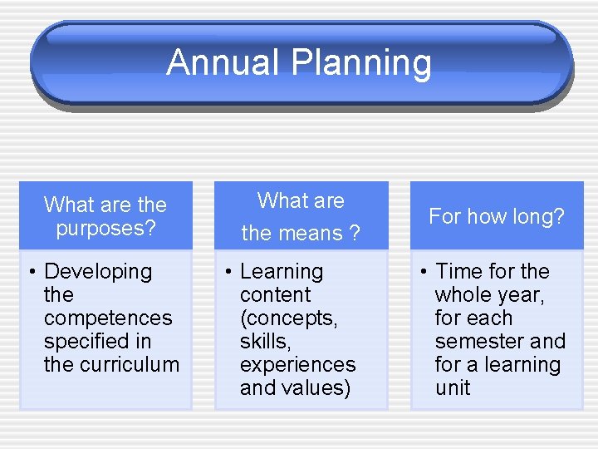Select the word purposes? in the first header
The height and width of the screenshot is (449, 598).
pyautogui.click(x=105, y=228)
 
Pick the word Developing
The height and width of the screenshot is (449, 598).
pyautogui.click(x=98, y=272)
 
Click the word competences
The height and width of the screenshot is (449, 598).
pyautogui.click(x=108, y=318)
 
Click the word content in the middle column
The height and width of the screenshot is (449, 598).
pyautogui.click(x=275, y=294)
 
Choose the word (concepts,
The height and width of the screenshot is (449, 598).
pyautogui.click(x=288, y=318)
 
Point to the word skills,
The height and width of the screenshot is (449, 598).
pyautogui.click(x=265, y=341)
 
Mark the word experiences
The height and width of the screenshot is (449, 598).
pyautogui.click(x=297, y=364)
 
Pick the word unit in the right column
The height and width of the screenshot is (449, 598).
pyautogui.click(x=453, y=387)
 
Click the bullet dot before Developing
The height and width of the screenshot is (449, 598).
pyautogui.click(x=29, y=272)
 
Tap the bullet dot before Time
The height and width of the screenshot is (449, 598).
pyautogui.click(x=421, y=272)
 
